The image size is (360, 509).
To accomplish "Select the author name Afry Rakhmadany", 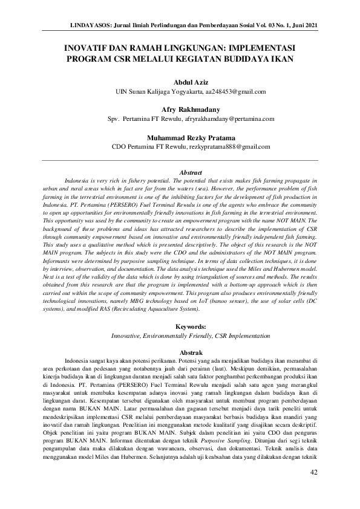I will click(191, 110).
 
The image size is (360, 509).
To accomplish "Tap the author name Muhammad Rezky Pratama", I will click(191, 137).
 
